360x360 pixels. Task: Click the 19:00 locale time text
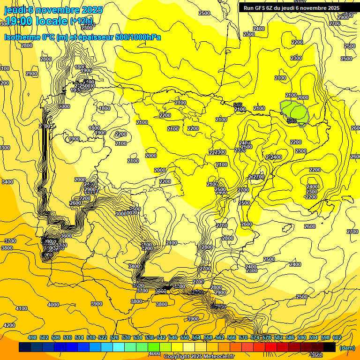pyautogui.click(x=36, y=21)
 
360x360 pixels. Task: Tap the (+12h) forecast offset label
pyautogui.click(x=81, y=21)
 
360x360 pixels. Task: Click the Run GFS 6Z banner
pyautogui.click(x=291, y=8)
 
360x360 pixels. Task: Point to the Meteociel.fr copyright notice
pyautogui.click(x=199, y=357)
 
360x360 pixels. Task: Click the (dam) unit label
pyautogui.click(x=346, y=348)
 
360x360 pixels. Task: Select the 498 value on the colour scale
pyautogui.click(x=32, y=338)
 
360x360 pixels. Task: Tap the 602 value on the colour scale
pyautogui.click(x=337, y=338)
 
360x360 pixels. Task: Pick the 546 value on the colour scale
pyautogui.click(x=173, y=338)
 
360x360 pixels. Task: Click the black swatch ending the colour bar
pyautogui.click(x=329, y=347)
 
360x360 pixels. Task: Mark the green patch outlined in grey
pyautogui.click(x=295, y=111)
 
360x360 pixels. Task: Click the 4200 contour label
pyautogui.click(x=9, y=325)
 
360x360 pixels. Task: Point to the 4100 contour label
pyautogui.click(x=22, y=309)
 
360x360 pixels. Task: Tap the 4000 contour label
pyautogui.click(x=53, y=305)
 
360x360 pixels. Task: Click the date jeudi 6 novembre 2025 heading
pyautogui.click(x=52, y=10)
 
